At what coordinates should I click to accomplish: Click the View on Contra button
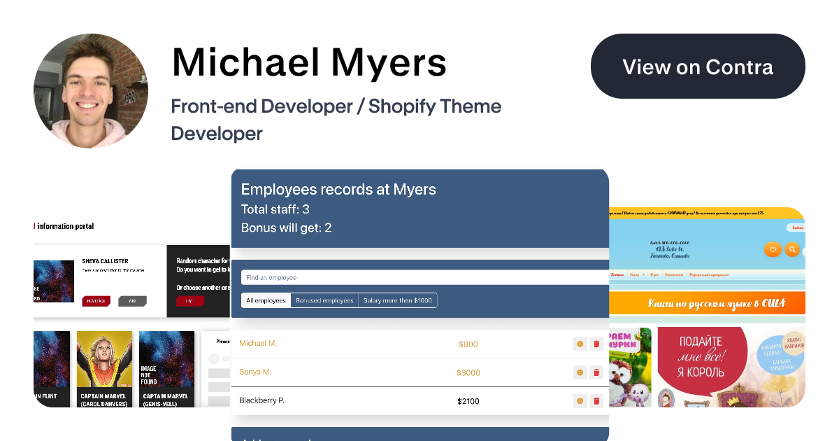click(698, 66)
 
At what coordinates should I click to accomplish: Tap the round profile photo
click(91, 90)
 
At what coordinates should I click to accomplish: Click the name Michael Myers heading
click(309, 62)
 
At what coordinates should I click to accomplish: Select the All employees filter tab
click(266, 300)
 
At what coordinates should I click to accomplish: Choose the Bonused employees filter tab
click(324, 300)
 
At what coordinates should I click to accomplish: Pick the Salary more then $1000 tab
click(398, 300)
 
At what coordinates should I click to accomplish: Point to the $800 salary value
click(468, 344)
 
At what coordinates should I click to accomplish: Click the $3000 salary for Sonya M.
click(468, 373)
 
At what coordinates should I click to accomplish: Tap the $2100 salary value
click(468, 401)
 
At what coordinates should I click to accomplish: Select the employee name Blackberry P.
click(262, 400)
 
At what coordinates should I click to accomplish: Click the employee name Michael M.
click(258, 343)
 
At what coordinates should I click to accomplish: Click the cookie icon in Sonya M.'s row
click(580, 373)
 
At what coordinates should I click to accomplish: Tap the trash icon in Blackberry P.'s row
click(596, 401)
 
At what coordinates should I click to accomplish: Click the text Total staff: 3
click(275, 209)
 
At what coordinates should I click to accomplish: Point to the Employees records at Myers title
click(338, 190)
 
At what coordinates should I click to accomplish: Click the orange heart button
click(773, 249)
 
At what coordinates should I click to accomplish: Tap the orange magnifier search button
click(792, 249)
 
